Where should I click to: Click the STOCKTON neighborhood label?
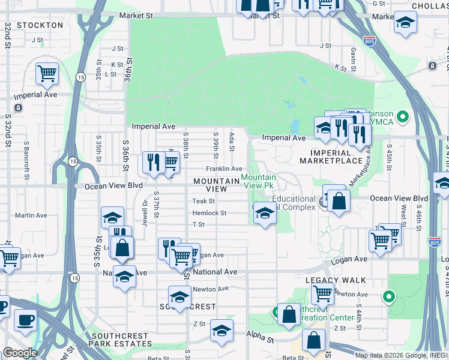(x=40, y=25)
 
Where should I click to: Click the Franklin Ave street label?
(x=224, y=169)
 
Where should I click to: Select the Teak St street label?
(x=203, y=201)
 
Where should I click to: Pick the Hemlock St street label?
(x=209, y=213)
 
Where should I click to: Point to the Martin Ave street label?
(x=31, y=215)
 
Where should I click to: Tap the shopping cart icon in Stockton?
(x=47, y=74)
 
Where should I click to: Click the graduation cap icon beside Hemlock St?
(x=264, y=213)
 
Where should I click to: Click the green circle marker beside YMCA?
(x=403, y=116)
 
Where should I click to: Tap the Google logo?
(x=20, y=353)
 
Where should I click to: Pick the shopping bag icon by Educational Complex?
(x=339, y=201)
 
